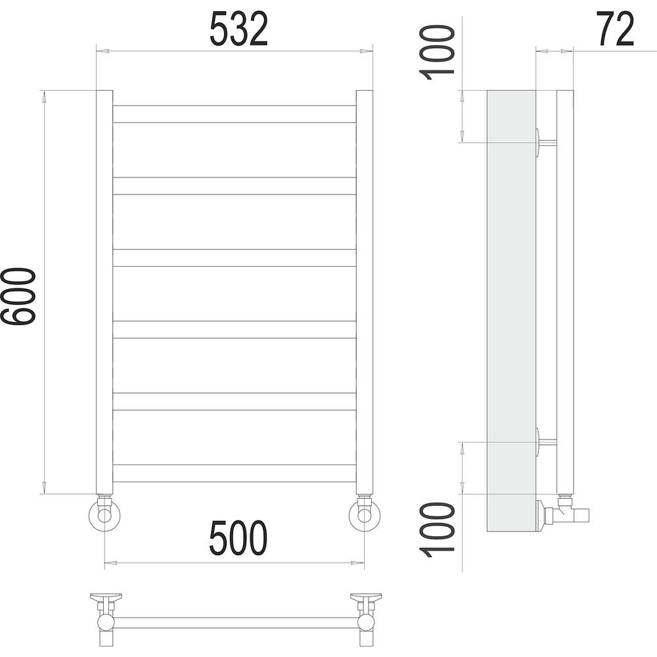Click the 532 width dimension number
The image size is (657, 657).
(238, 29)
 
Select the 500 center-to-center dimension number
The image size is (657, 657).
(238, 537)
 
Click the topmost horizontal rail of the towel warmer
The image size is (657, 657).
(235, 114)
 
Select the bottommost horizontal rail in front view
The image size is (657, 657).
(235, 474)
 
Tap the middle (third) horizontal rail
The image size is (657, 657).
(235, 258)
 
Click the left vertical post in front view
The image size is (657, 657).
(104, 292)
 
